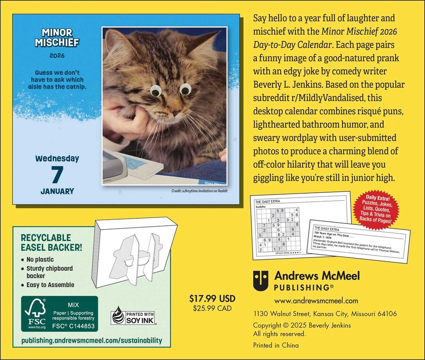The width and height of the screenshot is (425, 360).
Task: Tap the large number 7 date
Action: pos(57,174)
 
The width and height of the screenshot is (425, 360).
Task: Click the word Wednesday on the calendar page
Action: pos(57,158)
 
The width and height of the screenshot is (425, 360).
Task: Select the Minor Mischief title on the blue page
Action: pos(57,38)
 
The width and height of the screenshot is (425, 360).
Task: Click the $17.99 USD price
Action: pos(212,299)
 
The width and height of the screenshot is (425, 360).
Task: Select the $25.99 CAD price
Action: pos(212,309)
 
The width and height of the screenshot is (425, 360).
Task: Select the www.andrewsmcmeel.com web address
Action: pos(316,300)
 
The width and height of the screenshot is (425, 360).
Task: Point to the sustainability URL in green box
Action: pos(92,340)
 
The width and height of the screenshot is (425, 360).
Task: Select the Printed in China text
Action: pos(276,345)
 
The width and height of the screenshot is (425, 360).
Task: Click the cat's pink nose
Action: pos(175,113)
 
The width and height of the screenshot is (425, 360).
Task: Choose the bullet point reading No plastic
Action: pos(40,259)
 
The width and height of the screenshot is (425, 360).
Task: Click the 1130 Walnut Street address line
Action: pos(325,314)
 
